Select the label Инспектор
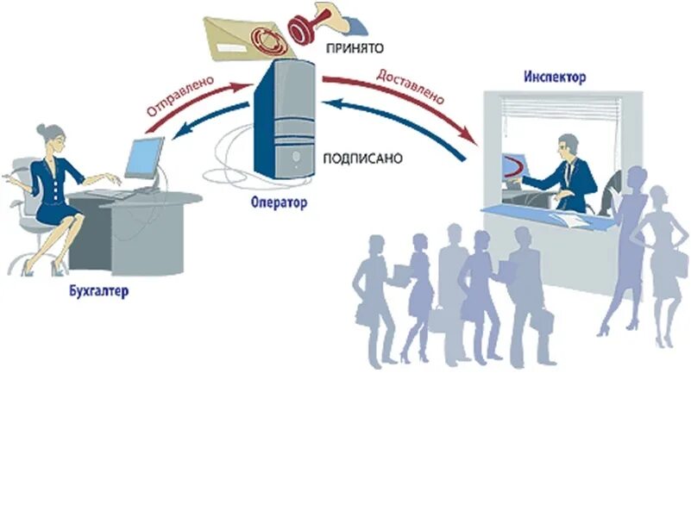[555, 78]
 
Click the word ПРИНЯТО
[354, 49]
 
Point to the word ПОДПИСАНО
[362, 159]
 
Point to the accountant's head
[51, 136]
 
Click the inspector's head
[567, 145]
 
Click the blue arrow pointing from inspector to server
[405, 121]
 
